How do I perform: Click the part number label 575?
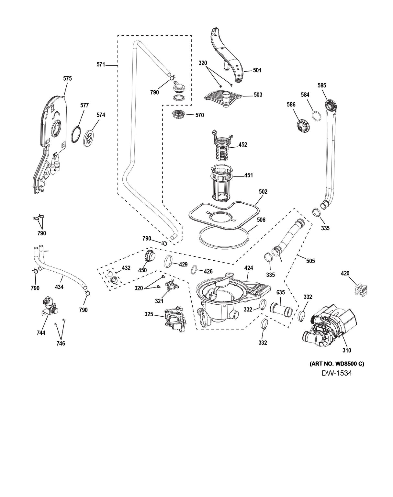[x=67, y=78]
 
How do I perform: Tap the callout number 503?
[x=258, y=95]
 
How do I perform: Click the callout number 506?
[x=261, y=220]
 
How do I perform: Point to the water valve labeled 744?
[x=49, y=306]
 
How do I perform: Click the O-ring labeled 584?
[x=317, y=116]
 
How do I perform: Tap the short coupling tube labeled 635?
[x=281, y=310]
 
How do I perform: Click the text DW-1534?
[x=337, y=373]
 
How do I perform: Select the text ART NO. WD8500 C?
[x=337, y=364]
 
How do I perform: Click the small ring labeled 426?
[x=194, y=269]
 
